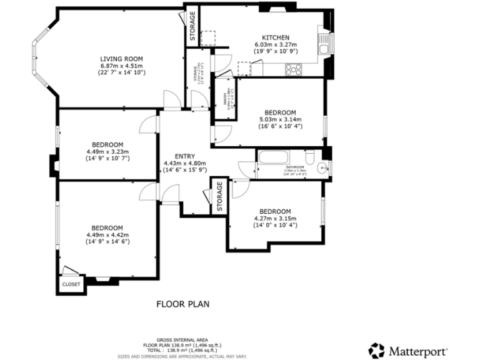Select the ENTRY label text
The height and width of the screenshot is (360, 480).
[x=184, y=156]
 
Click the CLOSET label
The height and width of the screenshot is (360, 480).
[x=71, y=284]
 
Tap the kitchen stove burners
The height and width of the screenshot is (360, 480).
[x=294, y=69]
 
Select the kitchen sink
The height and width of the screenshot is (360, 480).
[x=324, y=44]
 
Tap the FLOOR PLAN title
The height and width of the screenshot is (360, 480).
[x=182, y=304]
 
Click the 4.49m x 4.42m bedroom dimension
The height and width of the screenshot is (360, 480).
[x=107, y=234]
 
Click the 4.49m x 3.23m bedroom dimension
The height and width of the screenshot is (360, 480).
[x=107, y=151]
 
